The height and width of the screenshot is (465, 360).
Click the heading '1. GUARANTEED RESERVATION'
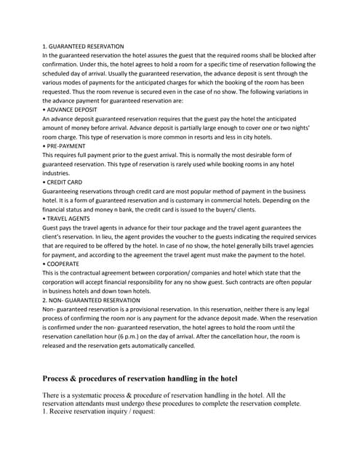83,46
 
